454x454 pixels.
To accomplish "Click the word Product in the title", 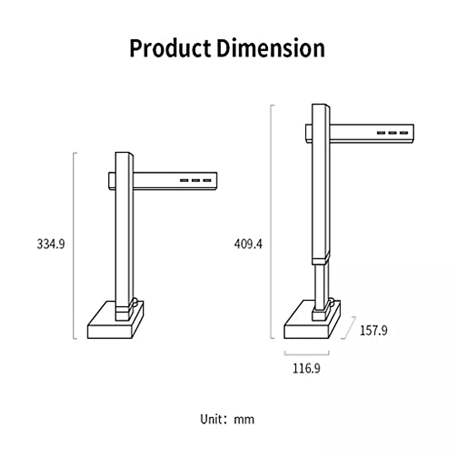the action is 170,49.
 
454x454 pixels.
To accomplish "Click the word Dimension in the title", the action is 271,48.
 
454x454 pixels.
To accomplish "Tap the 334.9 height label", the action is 51,244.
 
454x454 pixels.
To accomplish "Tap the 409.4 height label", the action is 248,244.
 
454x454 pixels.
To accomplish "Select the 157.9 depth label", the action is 373,330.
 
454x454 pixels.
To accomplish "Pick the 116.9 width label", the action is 306,368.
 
